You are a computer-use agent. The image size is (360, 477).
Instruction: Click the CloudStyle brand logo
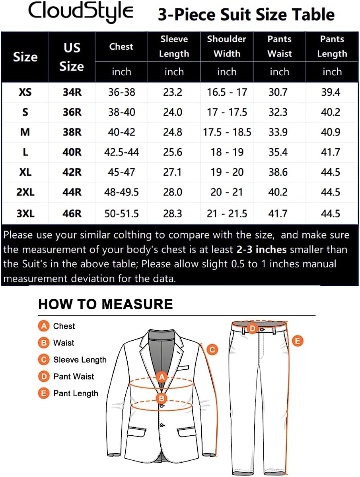tap(80, 12)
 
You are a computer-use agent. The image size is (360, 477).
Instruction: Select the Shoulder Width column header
tap(227, 46)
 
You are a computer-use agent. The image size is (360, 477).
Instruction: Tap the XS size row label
tap(25, 93)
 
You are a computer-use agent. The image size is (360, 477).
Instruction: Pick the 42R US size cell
tap(72, 172)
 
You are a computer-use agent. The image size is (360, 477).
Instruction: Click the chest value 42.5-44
tap(121, 152)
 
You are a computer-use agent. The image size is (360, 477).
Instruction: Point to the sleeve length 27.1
tap(173, 172)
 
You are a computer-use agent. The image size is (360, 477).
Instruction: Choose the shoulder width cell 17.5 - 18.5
tap(227, 132)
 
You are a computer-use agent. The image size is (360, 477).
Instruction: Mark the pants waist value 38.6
tap(278, 172)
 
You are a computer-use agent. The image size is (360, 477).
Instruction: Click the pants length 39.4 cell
tap(331, 93)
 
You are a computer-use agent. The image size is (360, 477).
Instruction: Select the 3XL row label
tap(25, 214)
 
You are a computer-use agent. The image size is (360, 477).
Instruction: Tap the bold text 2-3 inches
tap(262, 250)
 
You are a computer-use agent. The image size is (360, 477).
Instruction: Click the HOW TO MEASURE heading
tap(105, 304)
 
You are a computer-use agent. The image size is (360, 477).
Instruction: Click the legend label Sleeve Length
tap(80, 360)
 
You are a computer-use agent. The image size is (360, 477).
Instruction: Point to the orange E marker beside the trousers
tap(298, 341)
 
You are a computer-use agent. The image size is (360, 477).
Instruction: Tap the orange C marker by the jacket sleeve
tap(212, 349)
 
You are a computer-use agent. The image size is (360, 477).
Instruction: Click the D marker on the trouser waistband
tap(252, 328)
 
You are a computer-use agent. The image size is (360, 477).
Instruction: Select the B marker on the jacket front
tap(162, 398)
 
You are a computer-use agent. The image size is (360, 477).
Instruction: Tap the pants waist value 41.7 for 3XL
tap(278, 214)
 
